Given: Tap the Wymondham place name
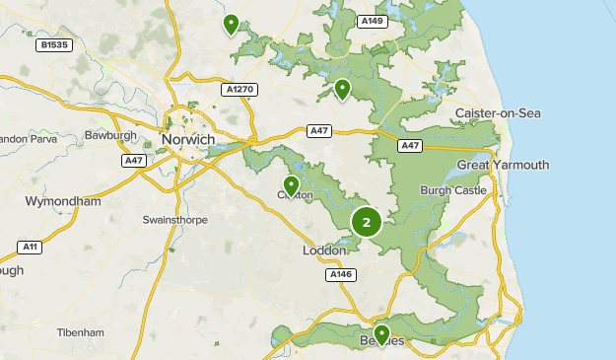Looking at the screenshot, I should [x=63, y=201].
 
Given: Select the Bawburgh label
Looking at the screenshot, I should [x=108, y=134].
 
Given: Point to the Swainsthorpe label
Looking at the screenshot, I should [x=174, y=220].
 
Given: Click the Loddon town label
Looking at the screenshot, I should [x=324, y=251].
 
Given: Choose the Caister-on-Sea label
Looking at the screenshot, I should [x=498, y=113].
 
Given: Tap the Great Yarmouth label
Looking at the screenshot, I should [x=503, y=165].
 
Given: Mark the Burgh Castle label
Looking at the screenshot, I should [x=452, y=190].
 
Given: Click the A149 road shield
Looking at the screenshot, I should [x=372, y=21].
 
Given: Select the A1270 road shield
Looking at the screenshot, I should [x=240, y=90].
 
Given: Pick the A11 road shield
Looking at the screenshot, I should [x=30, y=247].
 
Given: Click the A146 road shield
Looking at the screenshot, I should [x=340, y=274].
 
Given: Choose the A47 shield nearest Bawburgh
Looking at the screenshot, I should [x=135, y=160].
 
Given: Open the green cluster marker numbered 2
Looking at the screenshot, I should [x=367, y=222].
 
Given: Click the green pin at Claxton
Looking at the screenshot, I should [x=291, y=185].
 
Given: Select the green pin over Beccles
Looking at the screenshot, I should [x=381, y=334].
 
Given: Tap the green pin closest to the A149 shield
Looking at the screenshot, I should [x=342, y=90].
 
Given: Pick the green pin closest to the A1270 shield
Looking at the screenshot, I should [x=231, y=24].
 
